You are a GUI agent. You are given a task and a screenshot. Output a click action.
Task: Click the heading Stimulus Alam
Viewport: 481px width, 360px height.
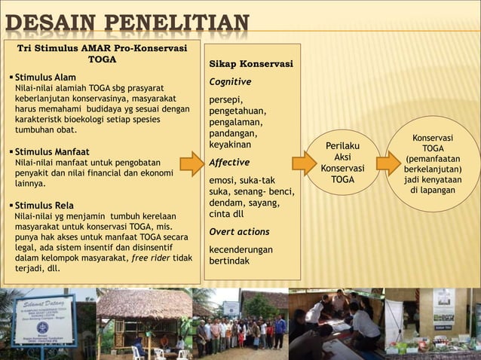pyautogui.click(x=45, y=77)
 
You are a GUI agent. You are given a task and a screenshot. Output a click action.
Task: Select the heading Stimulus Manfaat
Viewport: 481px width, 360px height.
pyautogui.click(x=52, y=151)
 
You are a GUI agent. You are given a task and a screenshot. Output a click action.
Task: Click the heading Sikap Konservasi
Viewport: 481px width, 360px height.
pyautogui.click(x=251, y=64)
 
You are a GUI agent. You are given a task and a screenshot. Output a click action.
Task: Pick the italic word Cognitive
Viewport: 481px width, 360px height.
pyautogui.click(x=230, y=81)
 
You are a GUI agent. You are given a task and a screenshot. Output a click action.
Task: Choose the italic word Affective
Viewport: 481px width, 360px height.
pyautogui.click(x=229, y=162)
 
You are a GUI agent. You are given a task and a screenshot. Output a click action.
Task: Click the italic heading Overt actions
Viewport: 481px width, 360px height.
pyautogui.click(x=239, y=232)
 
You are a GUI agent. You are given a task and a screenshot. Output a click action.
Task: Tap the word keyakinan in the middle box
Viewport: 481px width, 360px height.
pyautogui.click(x=231, y=144)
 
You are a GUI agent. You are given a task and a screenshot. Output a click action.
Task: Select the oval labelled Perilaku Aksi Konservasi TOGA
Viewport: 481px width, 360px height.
pyautogui.click(x=342, y=162)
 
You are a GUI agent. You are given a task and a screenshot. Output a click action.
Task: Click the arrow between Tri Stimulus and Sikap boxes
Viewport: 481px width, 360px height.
pyautogui.click(x=194, y=163)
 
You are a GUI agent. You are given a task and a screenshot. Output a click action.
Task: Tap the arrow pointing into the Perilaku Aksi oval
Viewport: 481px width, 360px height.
pyautogui.click(x=304, y=163)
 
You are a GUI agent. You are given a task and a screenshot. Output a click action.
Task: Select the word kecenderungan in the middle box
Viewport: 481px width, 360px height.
pyautogui.click(x=241, y=249)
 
